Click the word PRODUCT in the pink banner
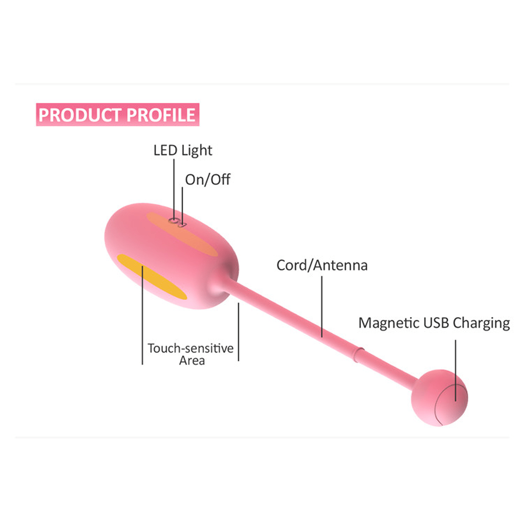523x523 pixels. (x=80, y=115)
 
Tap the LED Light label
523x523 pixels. (x=183, y=151)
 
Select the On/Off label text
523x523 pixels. (x=208, y=179)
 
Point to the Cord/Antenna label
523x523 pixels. (x=322, y=265)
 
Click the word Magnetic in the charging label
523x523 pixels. (x=389, y=323)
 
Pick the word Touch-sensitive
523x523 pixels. (x=190, y=348)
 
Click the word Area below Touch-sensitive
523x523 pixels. (x=192, y=361)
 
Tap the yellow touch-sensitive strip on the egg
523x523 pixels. (x=152, y=277)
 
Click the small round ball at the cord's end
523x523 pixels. (x=439, y=398)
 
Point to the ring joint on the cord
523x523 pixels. (x=358, y=354)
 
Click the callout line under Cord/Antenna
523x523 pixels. (x=322, y=306)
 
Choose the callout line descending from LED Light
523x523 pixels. (x=174, y=188)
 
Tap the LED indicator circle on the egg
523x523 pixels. (x=174, y=221)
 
